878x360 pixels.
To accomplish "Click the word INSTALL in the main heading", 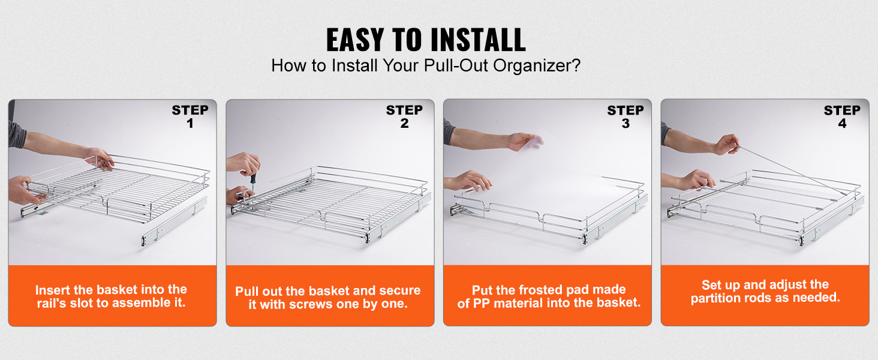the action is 478,40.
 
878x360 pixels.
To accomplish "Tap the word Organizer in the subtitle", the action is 537,65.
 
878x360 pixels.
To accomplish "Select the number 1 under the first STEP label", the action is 190,124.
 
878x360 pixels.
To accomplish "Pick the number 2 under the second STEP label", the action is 404,124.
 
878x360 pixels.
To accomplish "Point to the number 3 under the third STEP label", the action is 626,124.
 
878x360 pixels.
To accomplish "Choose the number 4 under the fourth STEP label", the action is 843,124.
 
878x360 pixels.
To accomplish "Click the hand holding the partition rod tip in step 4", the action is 726,145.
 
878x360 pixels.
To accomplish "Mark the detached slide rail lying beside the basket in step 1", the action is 175,221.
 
